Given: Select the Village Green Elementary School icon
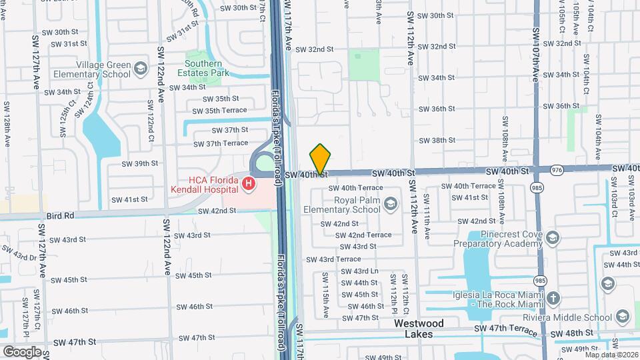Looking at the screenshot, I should pos(141,68).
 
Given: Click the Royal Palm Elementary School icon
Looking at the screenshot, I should pos(391,204).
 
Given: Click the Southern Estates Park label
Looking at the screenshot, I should pos(198,68).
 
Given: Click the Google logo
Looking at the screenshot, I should pos(22,351).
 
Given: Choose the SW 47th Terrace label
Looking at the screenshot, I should pos(505,329).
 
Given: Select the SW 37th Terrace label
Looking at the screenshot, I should pos(221,143).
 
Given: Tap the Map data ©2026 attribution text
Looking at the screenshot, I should pos(611,354).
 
